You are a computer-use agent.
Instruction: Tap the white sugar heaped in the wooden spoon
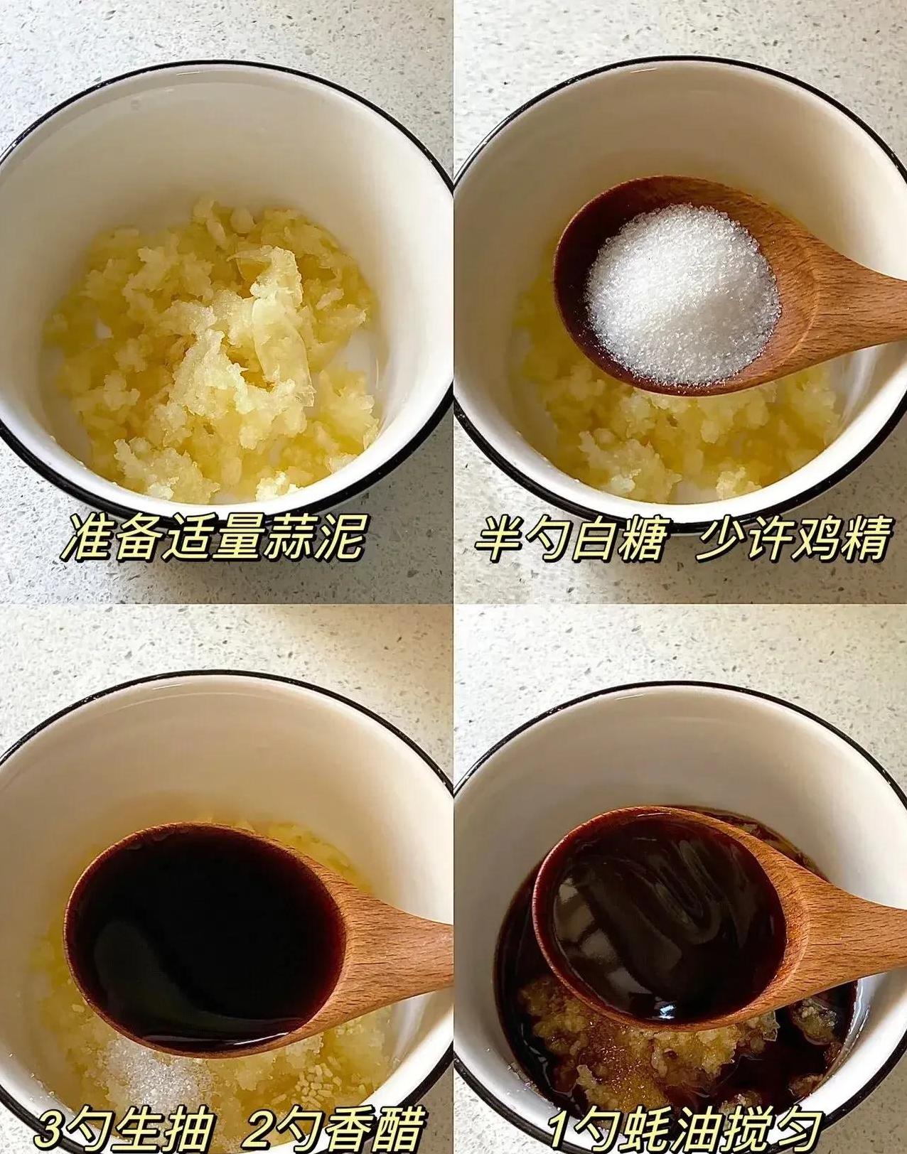pyautogui.click(x=682, y=295)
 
